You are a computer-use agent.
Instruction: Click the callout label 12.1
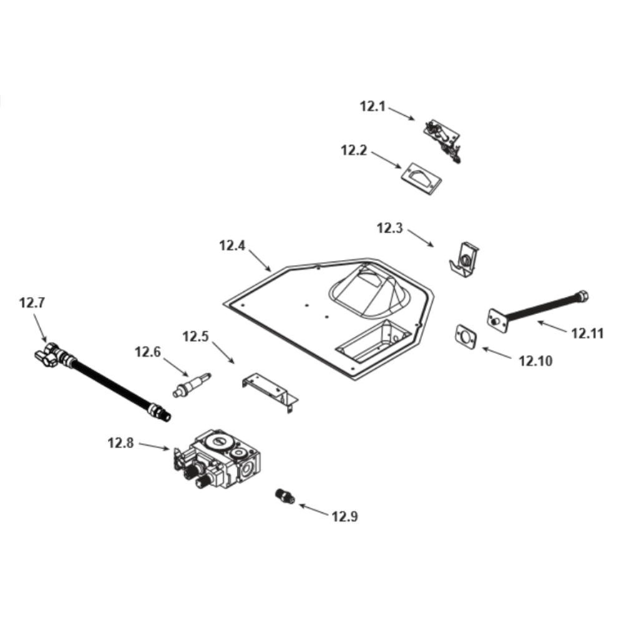tap(373, 106)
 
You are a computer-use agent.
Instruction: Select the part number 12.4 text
tap(232, 245)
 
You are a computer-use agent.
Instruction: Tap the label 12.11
tap(587, 333)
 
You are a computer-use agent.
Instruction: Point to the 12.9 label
tap(345, 516)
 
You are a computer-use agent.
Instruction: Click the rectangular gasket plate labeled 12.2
tap(420, 177)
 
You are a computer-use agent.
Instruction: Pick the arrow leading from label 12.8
tap(154, 446)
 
